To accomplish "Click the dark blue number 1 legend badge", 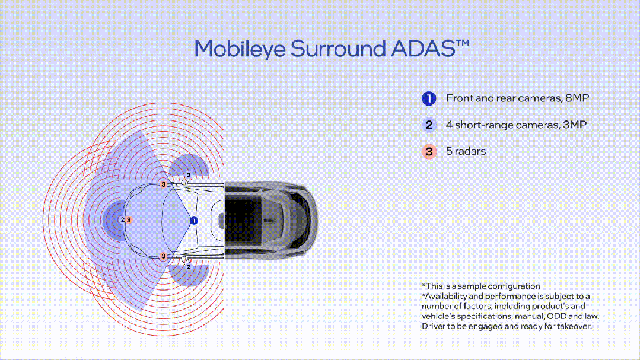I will coord(429,98).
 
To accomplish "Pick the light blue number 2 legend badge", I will coord(429,125).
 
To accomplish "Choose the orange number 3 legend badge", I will coord(429,151).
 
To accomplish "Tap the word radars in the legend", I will coord(470,151).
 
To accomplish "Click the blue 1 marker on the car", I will coord(193,221).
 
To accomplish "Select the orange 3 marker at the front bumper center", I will coord(128,220).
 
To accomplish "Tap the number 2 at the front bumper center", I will coord(122,220).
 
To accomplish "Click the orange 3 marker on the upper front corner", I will coord(164,185).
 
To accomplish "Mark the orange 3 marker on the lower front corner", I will coord(164,256).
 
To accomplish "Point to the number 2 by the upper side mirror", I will coord(189,175).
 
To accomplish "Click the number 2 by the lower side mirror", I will coord(189,267).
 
